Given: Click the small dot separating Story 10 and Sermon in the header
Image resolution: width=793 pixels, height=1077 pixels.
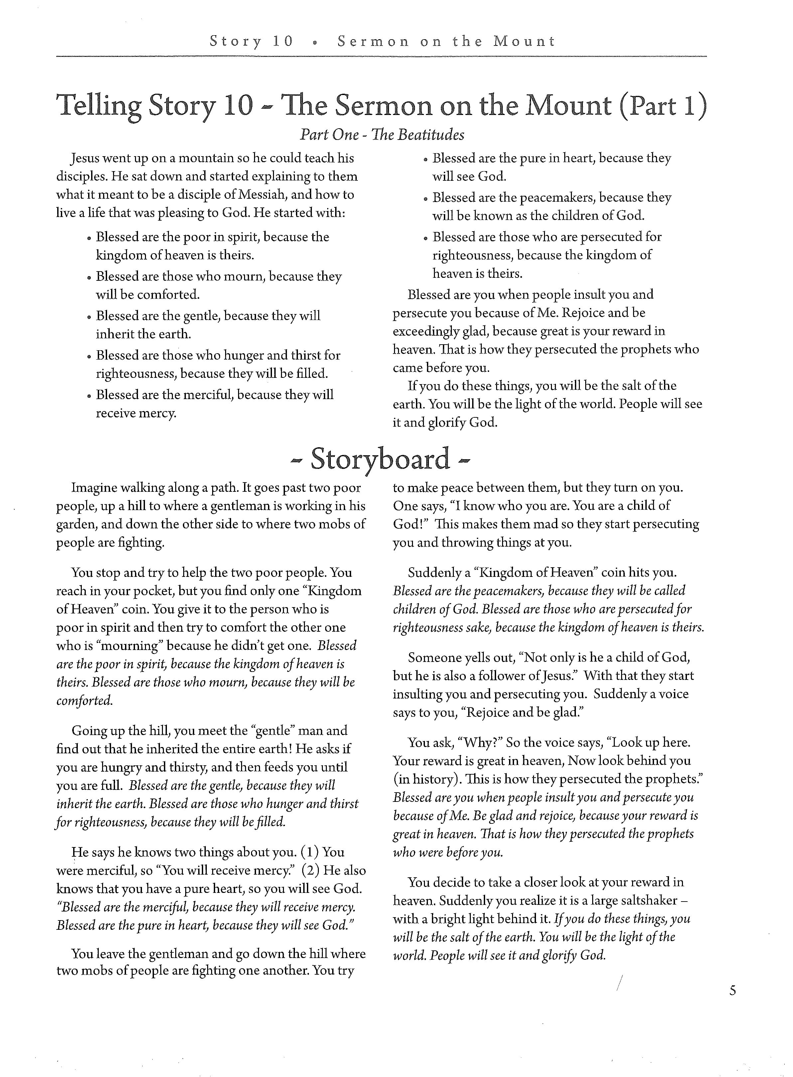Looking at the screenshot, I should [315, 42].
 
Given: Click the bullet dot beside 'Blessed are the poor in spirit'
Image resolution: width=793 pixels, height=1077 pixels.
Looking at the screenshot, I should [89, 238].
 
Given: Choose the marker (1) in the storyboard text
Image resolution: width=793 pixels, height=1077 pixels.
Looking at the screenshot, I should [310, 852].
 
